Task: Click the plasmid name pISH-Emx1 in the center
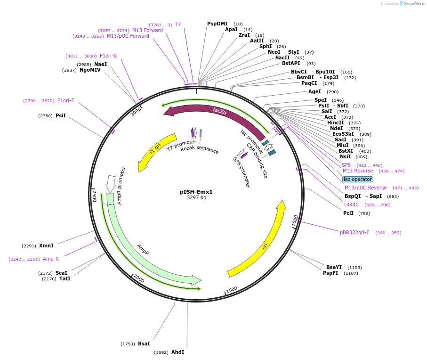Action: pyautogui.click(x=196, y=192)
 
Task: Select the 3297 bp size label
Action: pyautogui.click(x=196, y=198)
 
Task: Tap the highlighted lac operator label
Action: pyautogui.click(x=358, y=179)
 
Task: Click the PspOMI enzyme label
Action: pyautogui.click(x=217, y=24)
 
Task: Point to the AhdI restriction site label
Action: pyautogui.click(x=177, y=352)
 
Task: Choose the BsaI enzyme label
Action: pyautogui.click(x=144, y=344)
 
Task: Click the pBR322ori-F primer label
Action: pyautogui.click(x=354, y=232)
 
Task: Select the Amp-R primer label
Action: pyautogui.click(x=51, y=259)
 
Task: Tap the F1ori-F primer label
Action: pyautogui.click(x=66, y=100)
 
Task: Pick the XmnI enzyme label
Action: pyautogui.click(x=46, y=245)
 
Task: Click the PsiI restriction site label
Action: pyautogui.click(x=60, y=115)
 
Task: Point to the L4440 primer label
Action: pyautogui.click(x=351, y=205)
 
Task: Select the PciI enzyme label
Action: pyautogui.click(x=348, y=213)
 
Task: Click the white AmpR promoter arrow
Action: pyautogui.click(x=111, y=183)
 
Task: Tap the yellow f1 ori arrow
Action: pyautogui.click(x=155, y=152)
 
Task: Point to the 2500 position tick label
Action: pyautogui.click(x=94, y=196)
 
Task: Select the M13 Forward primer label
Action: pyautogui.click(x=147, y=30)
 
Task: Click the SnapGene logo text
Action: pyautogui.click(x=415, y=4)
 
